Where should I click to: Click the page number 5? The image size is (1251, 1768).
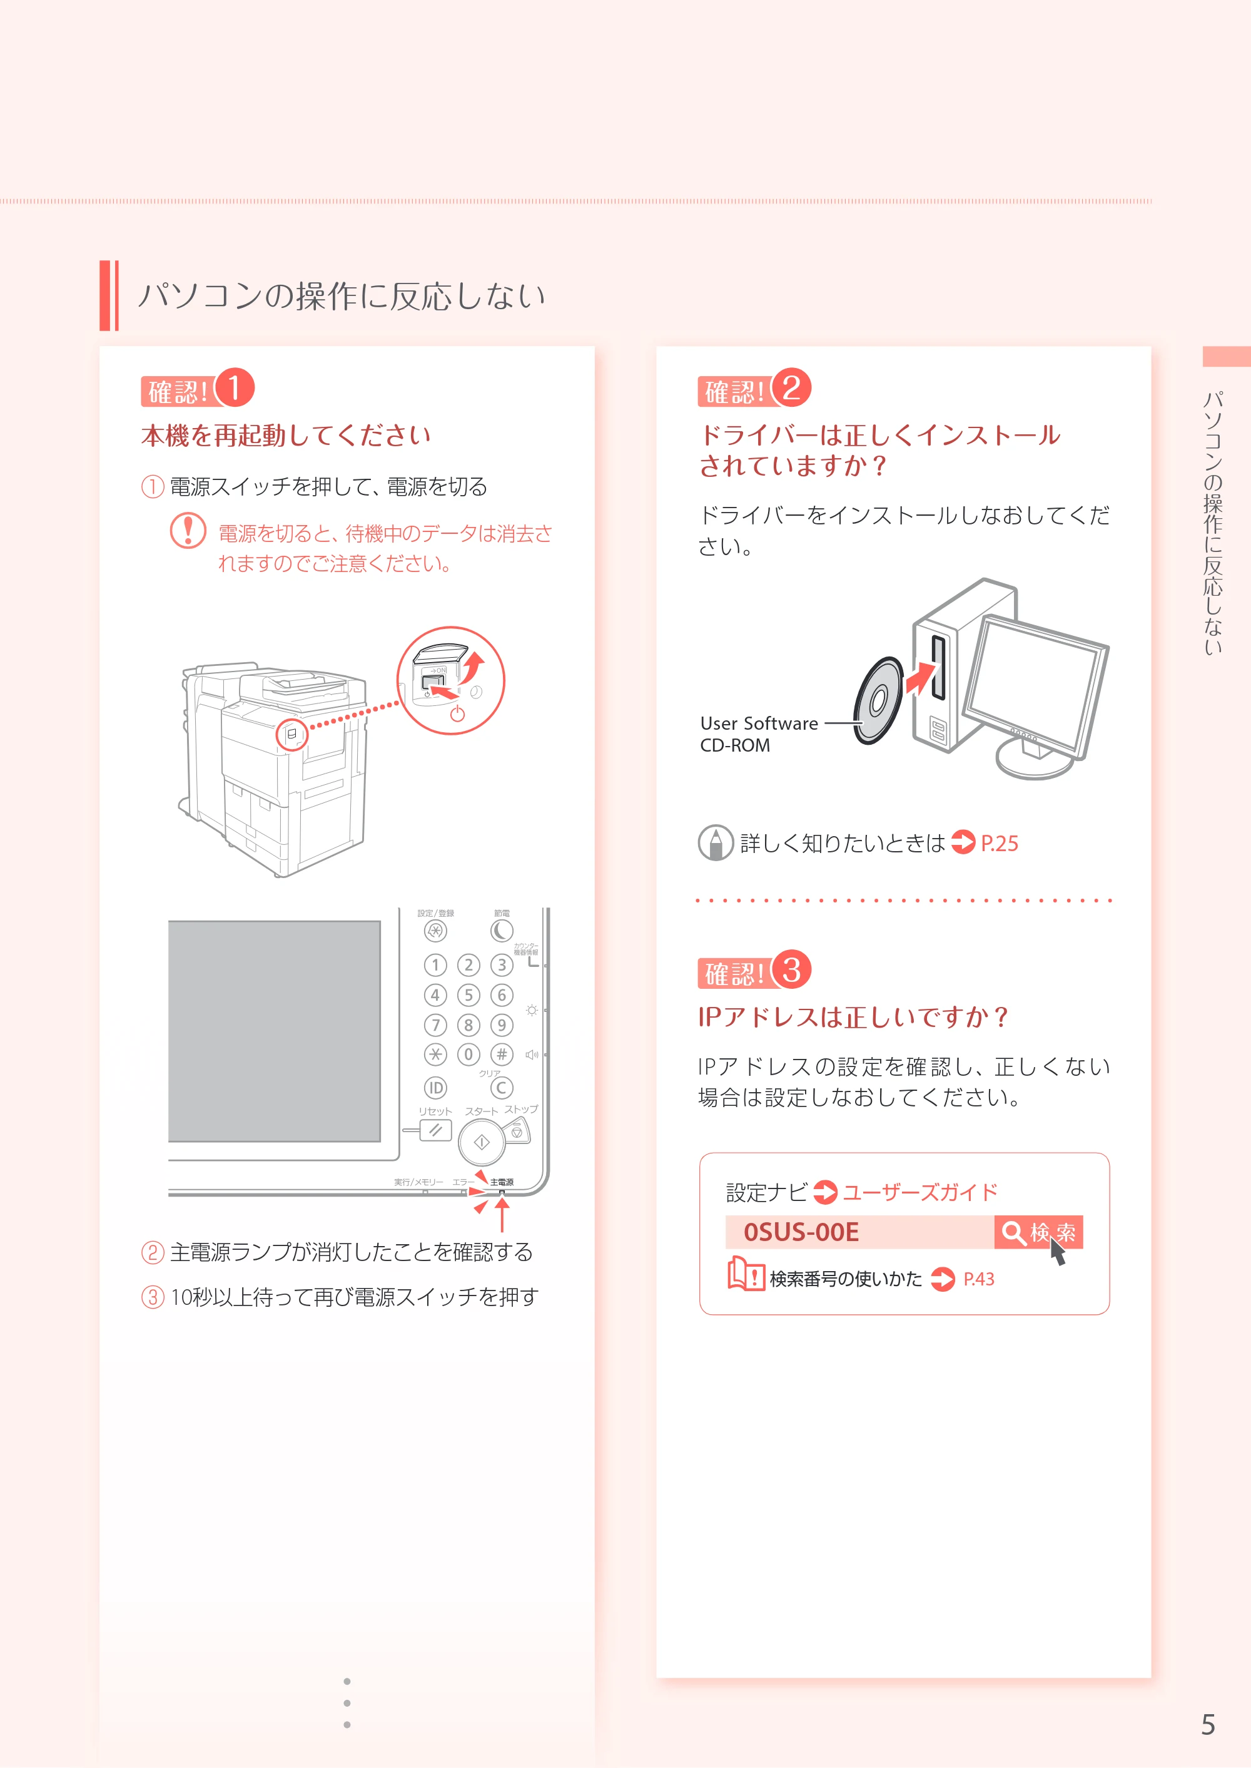[1208, 1724]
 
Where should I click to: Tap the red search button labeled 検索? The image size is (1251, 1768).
[1038, 1232]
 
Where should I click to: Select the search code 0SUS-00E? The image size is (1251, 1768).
[801, 1232]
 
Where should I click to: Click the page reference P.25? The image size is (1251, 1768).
[999, 843]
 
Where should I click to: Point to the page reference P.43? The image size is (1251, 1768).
[979, 1279]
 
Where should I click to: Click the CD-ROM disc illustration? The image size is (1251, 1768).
[878, 700]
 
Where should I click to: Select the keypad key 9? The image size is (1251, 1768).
[502, 1025]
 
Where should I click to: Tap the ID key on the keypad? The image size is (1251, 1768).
[435, 1088]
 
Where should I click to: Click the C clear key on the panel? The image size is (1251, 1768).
[502, 1088]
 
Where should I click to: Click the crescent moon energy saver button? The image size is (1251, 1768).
[502, 931]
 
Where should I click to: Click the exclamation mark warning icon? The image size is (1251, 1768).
[188, 531]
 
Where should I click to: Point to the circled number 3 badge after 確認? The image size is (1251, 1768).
[791, 969]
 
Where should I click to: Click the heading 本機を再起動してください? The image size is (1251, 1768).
[286, 436]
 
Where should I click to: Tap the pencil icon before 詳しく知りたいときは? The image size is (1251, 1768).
[716, 843]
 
